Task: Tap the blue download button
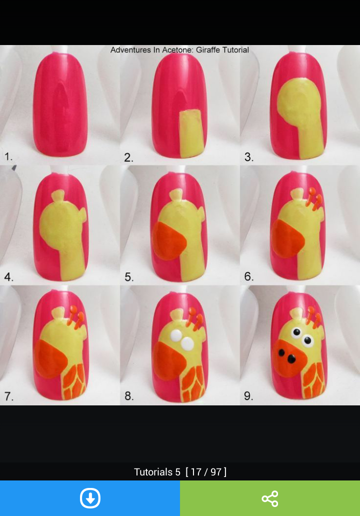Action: [x=90, y=498]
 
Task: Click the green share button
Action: [x=270, y=498]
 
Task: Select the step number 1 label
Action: [x=8, y=156]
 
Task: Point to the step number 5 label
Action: [x=129, y=277]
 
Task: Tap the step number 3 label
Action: [x=249, y=157]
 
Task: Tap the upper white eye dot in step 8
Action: [x=175, y=335]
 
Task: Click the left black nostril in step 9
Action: [x=281, y=353]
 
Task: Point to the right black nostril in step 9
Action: [x=291, y=359]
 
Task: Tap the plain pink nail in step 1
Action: [x=60, y=104]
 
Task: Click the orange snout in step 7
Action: [x=50, y=359]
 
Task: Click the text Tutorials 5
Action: [x=157, y=472]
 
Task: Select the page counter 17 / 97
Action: [x=206, y=472]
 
